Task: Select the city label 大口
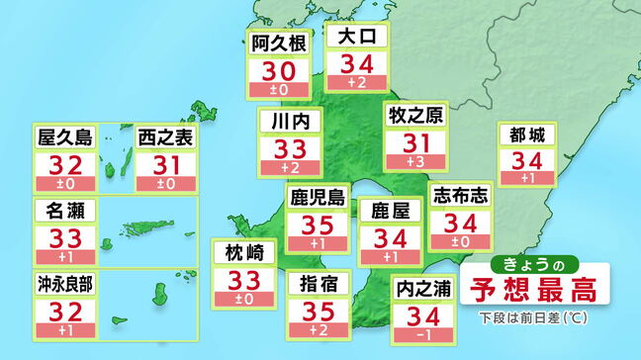coord(356,39)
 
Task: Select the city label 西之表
coord(164,137)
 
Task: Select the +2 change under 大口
coord(356,83)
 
